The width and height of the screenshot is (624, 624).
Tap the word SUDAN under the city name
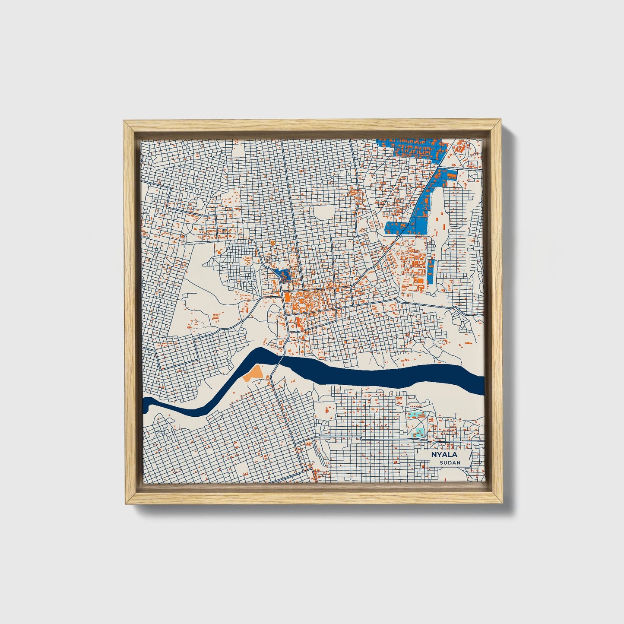pos(450,462)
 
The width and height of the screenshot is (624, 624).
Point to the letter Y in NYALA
pos(437,455)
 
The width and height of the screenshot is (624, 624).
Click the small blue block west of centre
pos(283,274)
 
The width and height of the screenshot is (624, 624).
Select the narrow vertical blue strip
pos(431,270)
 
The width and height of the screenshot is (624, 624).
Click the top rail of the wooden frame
pos(313,125)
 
